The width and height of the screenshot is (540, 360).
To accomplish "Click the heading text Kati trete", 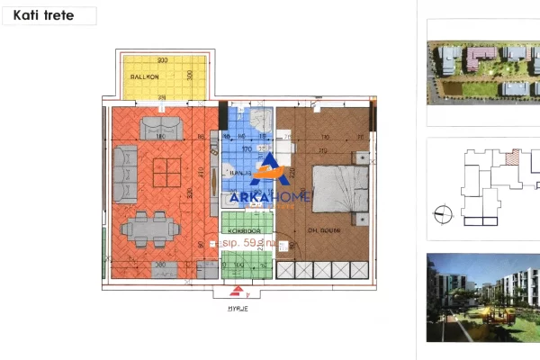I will pyautogui.click(x=43, y=15).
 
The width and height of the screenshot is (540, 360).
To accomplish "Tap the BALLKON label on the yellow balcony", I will pyautogui.click(x=145, y=77).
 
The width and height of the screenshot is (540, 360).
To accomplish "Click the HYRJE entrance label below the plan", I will pyautogui.click(x=238, y=308).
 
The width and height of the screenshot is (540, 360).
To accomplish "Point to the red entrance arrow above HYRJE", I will pyautogui.click(x=238, y=292).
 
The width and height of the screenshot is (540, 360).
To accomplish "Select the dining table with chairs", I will pyautogui.click(x=148, y=228).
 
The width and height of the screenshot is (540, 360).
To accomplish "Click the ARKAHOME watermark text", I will pyautogui.click(x=271, y=197).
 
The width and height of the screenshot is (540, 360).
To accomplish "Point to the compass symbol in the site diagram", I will pyautogui.click(x=441, y=213).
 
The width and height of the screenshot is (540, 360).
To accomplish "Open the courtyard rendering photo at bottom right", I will pyautogui.click(x=481, y=297).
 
